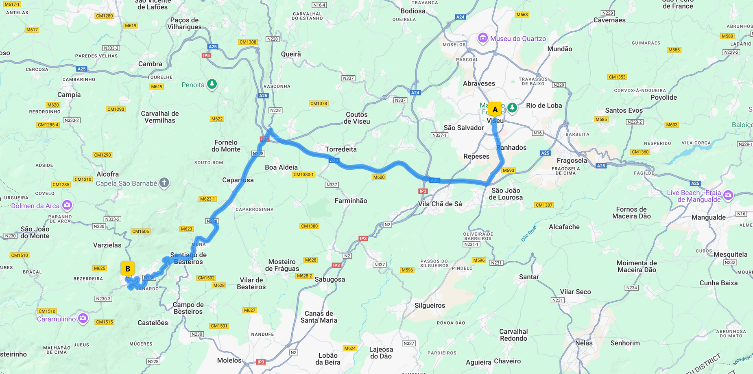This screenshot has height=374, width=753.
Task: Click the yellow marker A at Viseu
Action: click(495, 109)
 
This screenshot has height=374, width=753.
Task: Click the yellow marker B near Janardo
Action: click(127, 269)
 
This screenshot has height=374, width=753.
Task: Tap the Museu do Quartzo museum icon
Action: click(482, 38)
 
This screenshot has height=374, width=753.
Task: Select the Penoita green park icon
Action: click(212, 84)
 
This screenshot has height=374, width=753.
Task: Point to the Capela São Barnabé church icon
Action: click(164, 183)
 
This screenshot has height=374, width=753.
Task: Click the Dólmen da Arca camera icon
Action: click(67, 205)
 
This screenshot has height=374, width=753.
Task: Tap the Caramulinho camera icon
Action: click(83, 318)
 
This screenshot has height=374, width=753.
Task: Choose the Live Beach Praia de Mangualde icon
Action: click(728, 195)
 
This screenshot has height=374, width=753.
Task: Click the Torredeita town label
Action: click(341, 149)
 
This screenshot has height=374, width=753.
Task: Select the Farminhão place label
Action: click(351, 201)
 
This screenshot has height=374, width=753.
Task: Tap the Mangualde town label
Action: click(708, 217)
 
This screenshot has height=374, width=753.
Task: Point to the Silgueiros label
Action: click(430, 305)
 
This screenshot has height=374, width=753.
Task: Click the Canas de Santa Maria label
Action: click(319, 317)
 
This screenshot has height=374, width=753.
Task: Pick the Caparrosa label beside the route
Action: click(238, 180)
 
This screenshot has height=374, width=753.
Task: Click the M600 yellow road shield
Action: click(379, 177)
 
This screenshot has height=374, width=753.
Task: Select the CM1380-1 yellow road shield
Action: click(303, 175)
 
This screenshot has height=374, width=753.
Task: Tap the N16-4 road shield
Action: click(319, 5)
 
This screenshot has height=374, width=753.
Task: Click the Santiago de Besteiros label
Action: click(188, 258)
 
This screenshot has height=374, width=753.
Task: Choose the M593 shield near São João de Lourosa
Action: click(509, 171)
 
